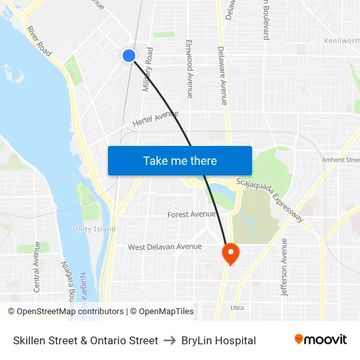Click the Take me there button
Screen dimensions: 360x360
[x=180, y=160]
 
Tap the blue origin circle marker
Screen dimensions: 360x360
[x=129, y=56]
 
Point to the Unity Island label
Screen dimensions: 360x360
[x=94, y=229]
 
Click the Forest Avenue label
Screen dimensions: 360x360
[x=192, y=214]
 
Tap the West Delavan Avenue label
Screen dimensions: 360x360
[x=164, y=247]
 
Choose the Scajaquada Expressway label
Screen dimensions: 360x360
[x=270, y=201]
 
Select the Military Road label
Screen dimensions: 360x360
[x=148, y=69]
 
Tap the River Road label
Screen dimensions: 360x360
[x=39, y=41]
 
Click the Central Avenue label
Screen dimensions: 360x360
[x=37, y=266]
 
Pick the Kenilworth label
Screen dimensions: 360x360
[x=342, y=41]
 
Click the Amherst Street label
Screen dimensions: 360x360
[x=340, y=160]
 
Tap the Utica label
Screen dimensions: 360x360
[x=237, y=307]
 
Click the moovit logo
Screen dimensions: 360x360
[x=320, y=339]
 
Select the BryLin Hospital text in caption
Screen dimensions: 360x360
[x=219, y=340]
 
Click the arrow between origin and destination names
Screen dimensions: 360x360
[x=170, y=340]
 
